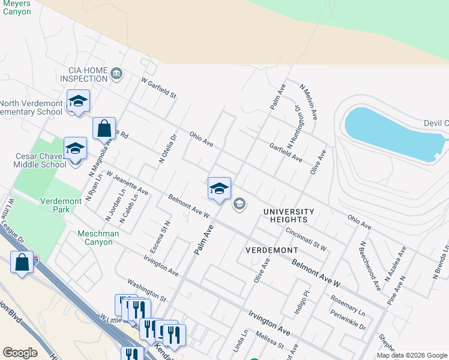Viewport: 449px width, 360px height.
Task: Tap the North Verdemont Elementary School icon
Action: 78,101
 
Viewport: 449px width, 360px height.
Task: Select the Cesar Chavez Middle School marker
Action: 75,149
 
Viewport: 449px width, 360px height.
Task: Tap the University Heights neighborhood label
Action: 289,216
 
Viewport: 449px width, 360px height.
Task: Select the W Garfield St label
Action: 158,88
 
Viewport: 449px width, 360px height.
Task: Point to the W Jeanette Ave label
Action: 127,182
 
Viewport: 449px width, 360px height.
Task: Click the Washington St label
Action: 146,289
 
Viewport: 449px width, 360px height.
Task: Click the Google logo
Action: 20,353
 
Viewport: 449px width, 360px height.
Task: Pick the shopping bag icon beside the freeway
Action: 22,263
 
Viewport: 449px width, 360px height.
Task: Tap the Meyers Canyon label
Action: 16,8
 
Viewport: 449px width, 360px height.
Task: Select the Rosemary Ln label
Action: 348,304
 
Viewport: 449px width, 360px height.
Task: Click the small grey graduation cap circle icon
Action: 239,205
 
